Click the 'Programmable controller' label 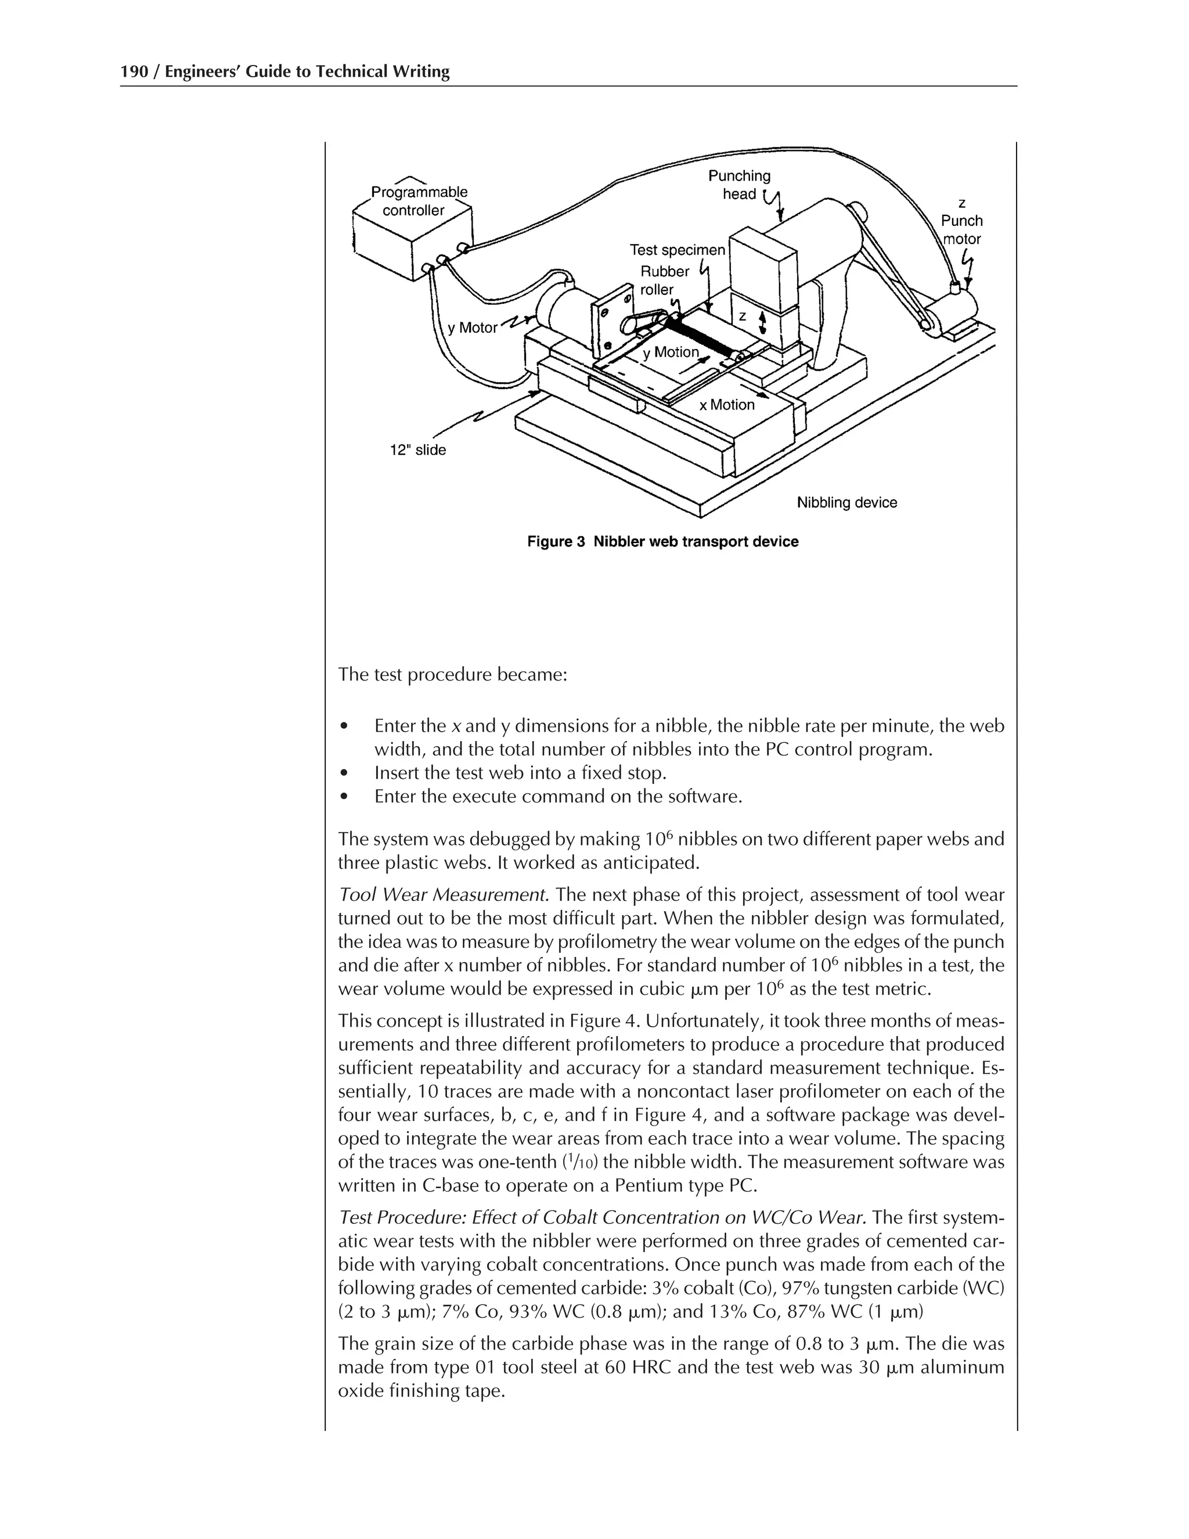(x=419, y=202)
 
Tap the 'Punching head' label (x=739, y=185)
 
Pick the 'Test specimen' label (x=676, y=250)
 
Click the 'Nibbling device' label (x=846, y=502)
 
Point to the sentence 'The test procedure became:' (x=452, y=674)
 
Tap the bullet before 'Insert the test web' (x=344, y=773)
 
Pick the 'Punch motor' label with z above (x=961, y=221)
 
